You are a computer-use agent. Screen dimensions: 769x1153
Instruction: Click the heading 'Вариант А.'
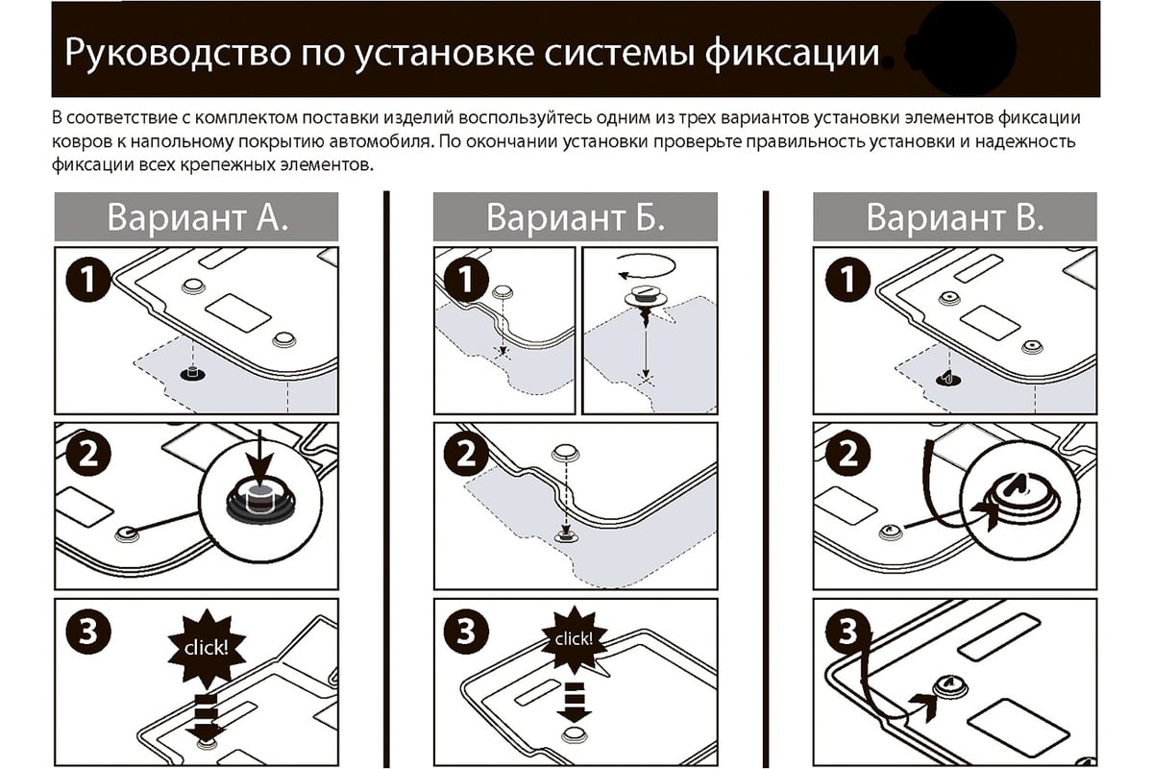[x=196, y=216]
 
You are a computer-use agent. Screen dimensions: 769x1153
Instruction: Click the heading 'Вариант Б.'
[x=575, y=216]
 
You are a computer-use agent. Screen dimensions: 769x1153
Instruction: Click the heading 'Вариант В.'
[x=954, y=216]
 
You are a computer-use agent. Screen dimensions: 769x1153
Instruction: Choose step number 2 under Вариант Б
[x=466, y=453]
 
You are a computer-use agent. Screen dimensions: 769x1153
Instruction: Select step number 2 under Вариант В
[x=846, y=453]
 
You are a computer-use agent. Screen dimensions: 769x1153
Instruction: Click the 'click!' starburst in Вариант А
[x=204, y=647]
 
